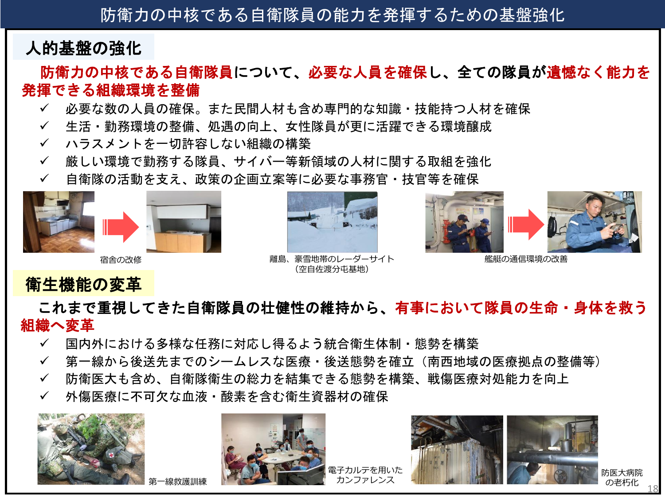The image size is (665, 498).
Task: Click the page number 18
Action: (653, 489)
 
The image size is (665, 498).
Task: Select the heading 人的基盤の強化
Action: (83, 48)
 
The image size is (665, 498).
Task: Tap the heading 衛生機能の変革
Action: (83, 284)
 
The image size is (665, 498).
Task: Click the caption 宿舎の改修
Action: (121, 260)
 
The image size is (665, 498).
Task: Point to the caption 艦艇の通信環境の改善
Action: (526, 259)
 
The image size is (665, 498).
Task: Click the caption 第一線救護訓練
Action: (178, 481)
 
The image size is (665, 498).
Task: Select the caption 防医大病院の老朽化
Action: (622, 478)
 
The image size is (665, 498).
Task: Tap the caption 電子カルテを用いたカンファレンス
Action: (365, 475)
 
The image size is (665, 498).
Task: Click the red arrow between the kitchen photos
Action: (121, 227)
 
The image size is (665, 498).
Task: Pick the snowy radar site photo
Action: (332, 222)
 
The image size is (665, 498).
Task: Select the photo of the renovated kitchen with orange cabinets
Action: (184, 222)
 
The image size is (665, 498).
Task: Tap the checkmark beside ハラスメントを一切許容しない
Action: (44, 143)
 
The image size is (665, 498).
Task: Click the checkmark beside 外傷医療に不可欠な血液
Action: (44, 396)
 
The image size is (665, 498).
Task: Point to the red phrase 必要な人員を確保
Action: (368, 72)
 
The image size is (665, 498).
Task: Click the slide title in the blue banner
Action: (332, 15)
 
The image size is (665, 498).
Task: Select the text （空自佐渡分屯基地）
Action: (332, 269)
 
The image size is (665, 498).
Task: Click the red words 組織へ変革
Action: (58, 325)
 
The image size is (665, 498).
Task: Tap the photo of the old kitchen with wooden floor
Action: (59, 222)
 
